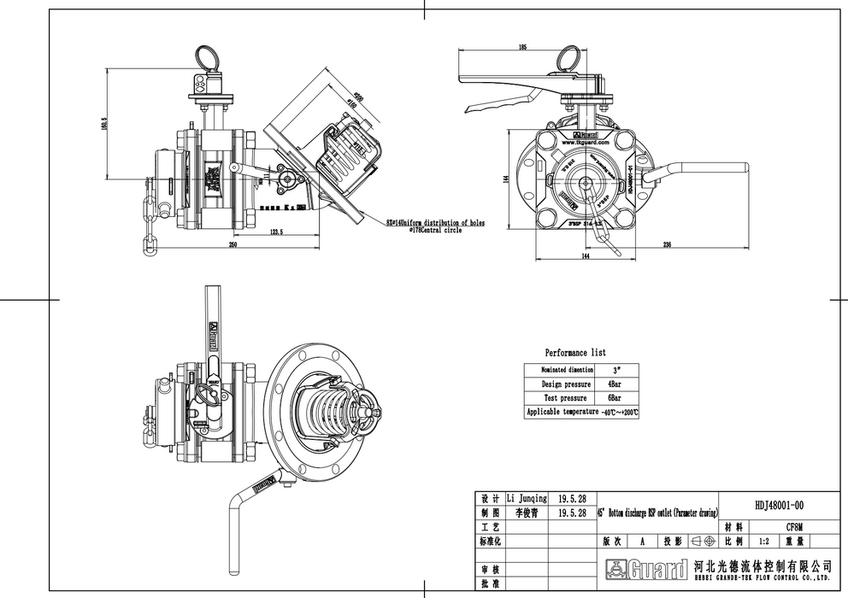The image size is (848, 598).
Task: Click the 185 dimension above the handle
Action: (522, 48)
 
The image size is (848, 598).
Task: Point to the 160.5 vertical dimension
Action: (103, 125)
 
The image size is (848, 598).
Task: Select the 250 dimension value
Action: (233, 245)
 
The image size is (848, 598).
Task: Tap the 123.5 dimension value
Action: (277, 232)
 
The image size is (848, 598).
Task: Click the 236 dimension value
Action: (667, 245)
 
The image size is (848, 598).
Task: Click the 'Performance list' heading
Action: (575, 353)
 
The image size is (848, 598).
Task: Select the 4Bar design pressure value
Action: (614, 384)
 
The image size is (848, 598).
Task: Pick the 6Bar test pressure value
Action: (614, 398)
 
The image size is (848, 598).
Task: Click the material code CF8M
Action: (794, 527)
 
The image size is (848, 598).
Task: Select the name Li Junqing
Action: (527, 498)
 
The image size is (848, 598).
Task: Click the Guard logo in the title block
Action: (646, 568)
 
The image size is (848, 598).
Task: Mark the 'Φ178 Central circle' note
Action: (435, 231)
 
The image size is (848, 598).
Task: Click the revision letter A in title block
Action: (642, 541)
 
